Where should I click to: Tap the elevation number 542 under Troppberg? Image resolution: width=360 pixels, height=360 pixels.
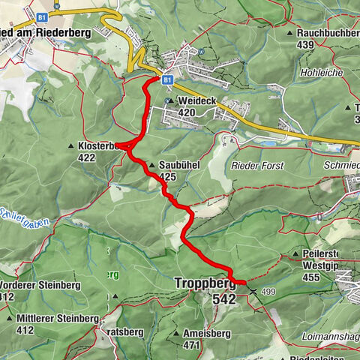point(223,298)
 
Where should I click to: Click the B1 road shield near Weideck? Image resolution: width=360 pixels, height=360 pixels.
point(168,79)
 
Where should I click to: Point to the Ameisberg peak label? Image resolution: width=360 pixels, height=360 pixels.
point(200,334)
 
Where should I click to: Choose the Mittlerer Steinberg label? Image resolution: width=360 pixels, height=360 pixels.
point(61,319)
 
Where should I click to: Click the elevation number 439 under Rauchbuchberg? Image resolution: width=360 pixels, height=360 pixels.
point(305,44)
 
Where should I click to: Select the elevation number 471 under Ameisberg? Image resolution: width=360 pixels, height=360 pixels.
point(193,345)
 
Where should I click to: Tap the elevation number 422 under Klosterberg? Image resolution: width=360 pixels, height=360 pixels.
point(86,157)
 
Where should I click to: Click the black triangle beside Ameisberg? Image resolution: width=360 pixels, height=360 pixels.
point(175,334)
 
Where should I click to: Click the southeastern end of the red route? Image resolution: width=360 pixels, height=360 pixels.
point(243,282)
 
